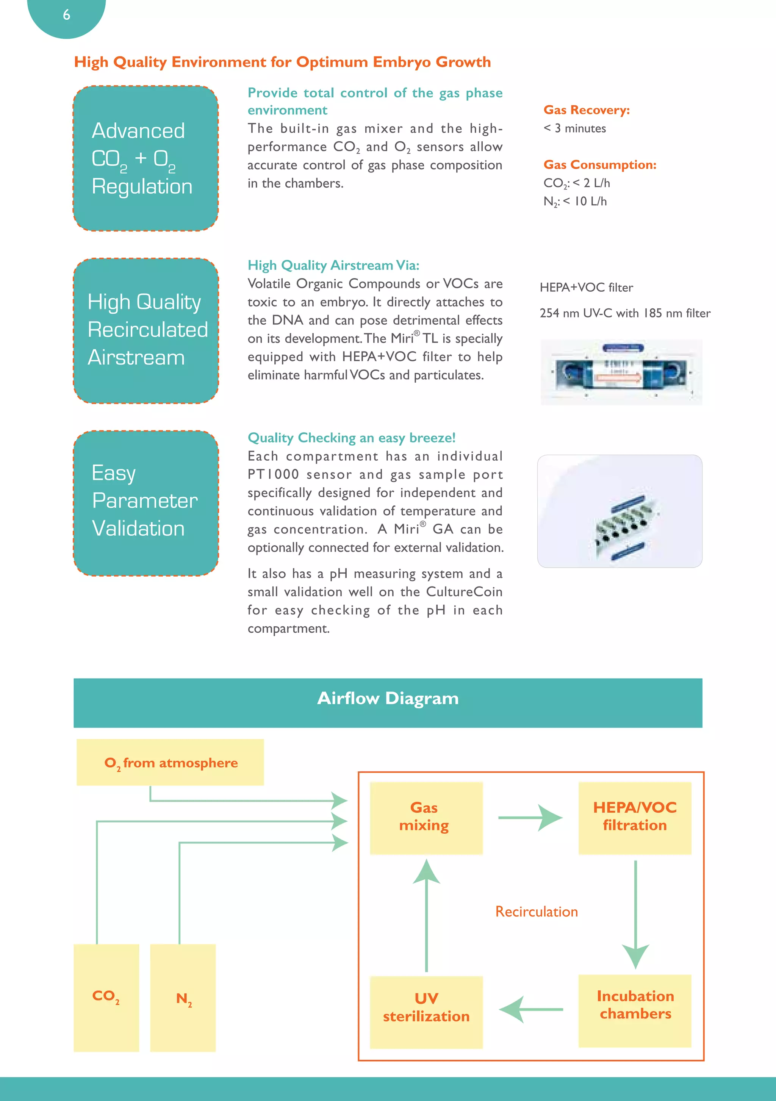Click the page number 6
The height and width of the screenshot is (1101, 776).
click(66, 15)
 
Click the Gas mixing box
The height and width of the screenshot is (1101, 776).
click(426, 818)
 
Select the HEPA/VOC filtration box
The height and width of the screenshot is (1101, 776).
click(635, 818)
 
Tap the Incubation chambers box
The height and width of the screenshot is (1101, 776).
click(635, 1010)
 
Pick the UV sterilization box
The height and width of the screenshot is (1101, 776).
click(426, 1012)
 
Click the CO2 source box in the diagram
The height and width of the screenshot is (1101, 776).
click(106, 998)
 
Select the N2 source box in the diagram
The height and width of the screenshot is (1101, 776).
click(183, 998)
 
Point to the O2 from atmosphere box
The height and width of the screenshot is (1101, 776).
click(170, 762)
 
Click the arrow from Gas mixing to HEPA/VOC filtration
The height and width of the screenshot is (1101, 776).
click(530, 818)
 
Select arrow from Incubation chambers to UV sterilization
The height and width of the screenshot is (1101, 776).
click(530, 1009)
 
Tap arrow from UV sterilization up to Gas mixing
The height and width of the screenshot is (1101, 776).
click(426, 916)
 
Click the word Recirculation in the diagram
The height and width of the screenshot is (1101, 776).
click(536, 912)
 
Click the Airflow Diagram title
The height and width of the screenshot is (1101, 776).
click(388, 699)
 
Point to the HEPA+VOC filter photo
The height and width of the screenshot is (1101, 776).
click(621, 372)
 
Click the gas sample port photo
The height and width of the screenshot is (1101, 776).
click(620, 511)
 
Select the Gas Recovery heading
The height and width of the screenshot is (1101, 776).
click(586, 110)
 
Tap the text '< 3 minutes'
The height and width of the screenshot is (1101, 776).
click(574, 128)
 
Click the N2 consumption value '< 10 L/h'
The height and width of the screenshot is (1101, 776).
click(585, 202)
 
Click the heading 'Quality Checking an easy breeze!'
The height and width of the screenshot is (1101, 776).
click(351, 438)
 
